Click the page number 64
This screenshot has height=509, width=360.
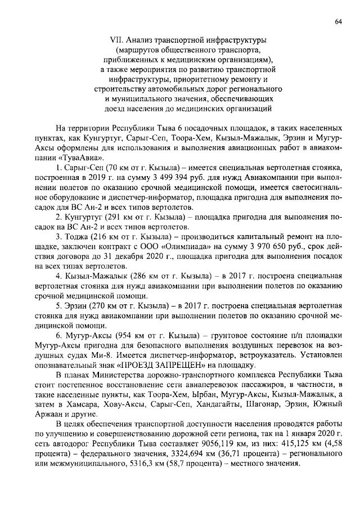338,21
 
